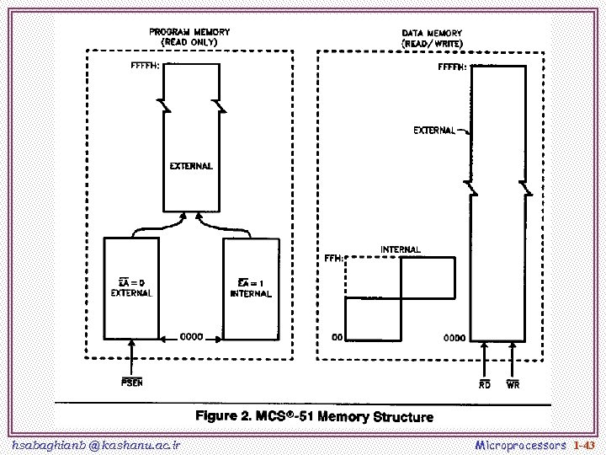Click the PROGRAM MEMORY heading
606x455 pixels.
pos(189,36)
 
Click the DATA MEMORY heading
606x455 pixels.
pos(432,37)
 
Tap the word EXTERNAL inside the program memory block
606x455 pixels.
pos(191,166)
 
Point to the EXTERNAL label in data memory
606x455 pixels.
pos(434,131)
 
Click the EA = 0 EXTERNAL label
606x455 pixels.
pos(131,287)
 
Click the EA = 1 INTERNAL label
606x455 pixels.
pos(251,288)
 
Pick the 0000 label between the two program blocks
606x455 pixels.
pos(192,337)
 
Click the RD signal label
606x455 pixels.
pos(485,384)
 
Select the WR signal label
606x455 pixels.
pos(513,384)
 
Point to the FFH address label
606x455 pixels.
pos(333,259)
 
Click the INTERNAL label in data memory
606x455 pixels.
pos(401,249)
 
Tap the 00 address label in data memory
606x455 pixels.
pos(336,338)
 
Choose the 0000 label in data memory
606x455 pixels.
pos(454,338)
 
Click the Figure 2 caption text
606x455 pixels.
pos(314,416)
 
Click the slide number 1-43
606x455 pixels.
pos(583,444)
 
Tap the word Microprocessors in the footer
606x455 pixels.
pos(521,444)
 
